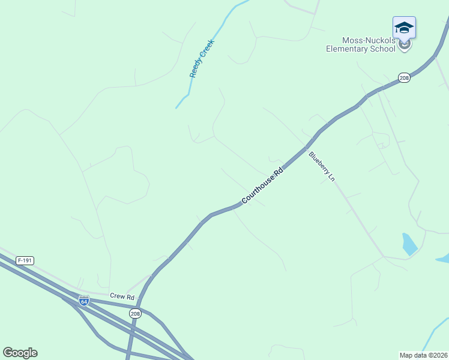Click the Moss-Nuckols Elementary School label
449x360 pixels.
point(360,44)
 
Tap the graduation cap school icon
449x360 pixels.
point(404,28)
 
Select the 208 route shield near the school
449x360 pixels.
point(404,78)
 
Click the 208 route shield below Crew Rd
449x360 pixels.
point(134,313)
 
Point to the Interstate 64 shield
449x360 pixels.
point(84,301)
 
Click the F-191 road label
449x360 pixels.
point(25,260)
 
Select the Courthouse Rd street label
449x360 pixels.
point(262,186)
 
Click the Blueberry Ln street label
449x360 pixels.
point(321,166)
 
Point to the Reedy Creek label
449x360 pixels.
point(202,59)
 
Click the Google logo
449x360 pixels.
point(20,353)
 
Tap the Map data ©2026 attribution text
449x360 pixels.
point(423,355)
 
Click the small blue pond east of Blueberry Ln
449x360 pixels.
point(409,244)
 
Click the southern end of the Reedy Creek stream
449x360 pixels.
point(176,108)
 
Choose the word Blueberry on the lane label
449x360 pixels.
point(318,163)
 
